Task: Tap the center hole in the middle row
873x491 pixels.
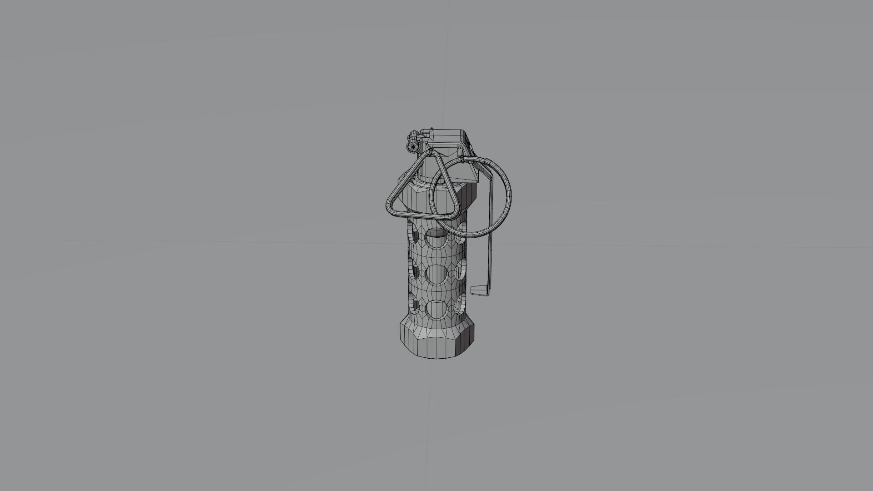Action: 436,274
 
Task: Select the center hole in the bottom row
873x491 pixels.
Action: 436,309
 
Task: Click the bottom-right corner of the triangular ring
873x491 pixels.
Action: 456,211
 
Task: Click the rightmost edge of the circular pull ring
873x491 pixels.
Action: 509,195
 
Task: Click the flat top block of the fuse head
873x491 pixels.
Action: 448,135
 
